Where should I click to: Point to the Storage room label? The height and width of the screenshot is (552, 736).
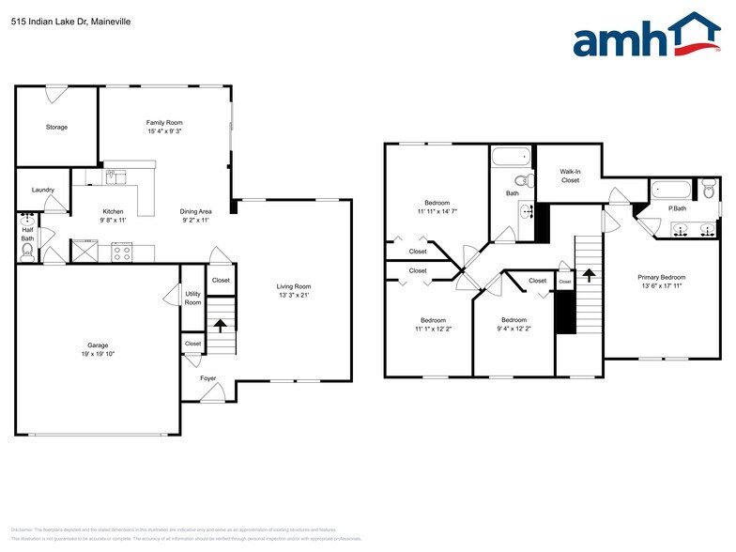click(x=56, y=127)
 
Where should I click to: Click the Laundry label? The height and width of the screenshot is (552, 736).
click(x=42, y=190)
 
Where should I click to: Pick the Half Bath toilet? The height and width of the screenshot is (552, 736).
click(x=27, y=250)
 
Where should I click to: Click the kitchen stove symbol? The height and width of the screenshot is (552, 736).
click(x=122, y=251)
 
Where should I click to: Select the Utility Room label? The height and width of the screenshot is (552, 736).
click(x=192, y=298)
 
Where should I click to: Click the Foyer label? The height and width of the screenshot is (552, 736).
click(x=207, y=378)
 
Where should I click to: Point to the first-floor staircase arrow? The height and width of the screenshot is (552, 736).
click(x=222, y=326)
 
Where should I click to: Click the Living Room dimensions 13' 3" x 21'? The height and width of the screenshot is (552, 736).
click(x=293, y=296)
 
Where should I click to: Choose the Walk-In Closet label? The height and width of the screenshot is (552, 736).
click(x=570, y=176)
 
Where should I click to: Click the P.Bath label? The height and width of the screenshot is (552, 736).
click(x=676, y=208)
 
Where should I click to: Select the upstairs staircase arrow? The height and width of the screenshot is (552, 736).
click(x=589, y=275)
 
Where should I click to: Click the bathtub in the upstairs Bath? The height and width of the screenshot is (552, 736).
click(x=511, y=157)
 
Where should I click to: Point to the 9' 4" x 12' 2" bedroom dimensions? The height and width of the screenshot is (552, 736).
click(x=514, y=329)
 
